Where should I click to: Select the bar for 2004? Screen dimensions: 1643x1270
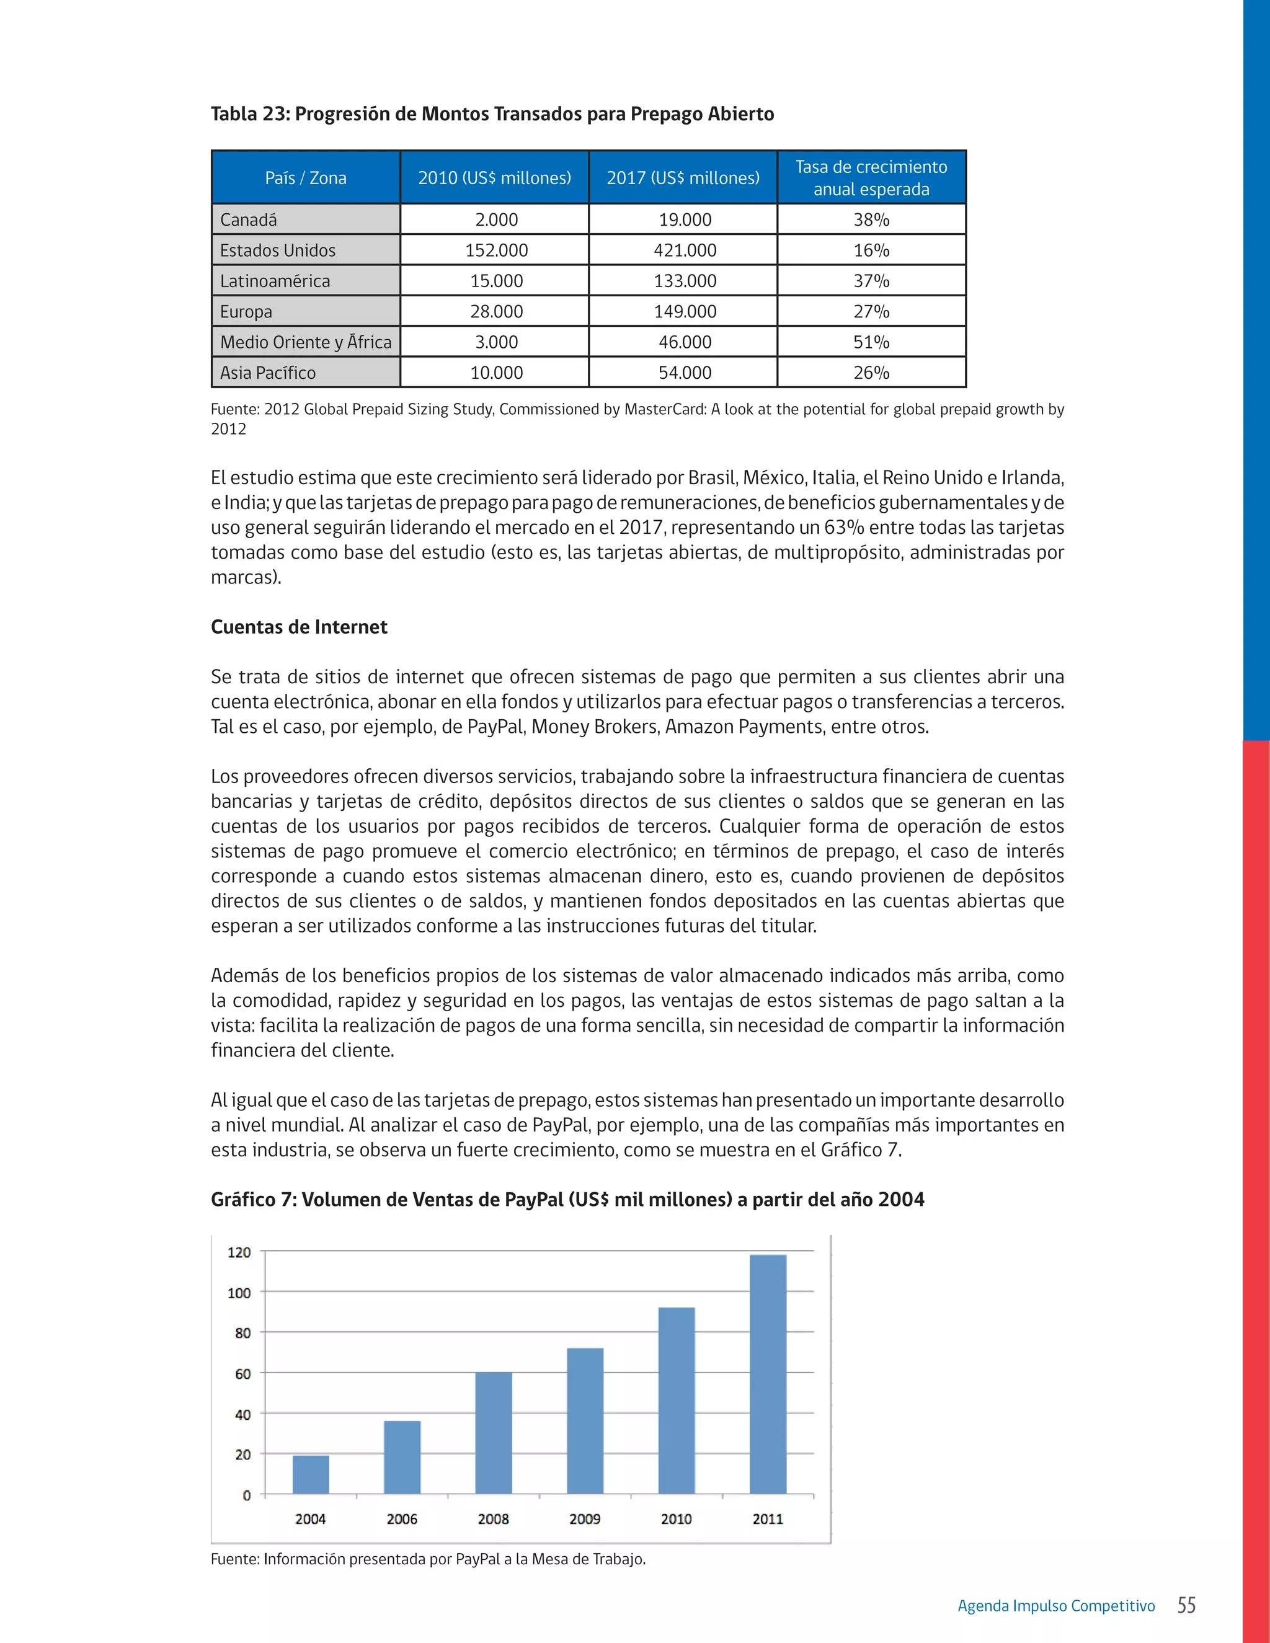[311, 1474]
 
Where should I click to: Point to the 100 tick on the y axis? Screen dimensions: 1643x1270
[239, 1293]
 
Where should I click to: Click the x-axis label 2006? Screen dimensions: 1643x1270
[402, 1519]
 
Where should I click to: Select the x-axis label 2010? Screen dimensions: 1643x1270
[676, 1519]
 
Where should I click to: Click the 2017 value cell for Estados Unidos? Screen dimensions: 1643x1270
[684, 250]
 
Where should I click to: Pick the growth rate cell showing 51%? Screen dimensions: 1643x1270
[871, 342]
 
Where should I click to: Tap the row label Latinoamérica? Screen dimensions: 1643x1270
[275, 281]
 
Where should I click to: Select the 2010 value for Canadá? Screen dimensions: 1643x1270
[496, 219]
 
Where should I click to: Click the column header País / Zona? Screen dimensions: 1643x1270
[306, 179]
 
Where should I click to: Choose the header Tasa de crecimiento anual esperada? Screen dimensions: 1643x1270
[871, 179]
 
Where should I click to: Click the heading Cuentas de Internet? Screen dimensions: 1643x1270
[299, 627]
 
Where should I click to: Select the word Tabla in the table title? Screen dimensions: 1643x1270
[233, 114]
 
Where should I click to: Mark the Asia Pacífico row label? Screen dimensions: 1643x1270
[268, 373]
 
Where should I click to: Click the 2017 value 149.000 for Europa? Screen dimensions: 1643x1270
[684, 311]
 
